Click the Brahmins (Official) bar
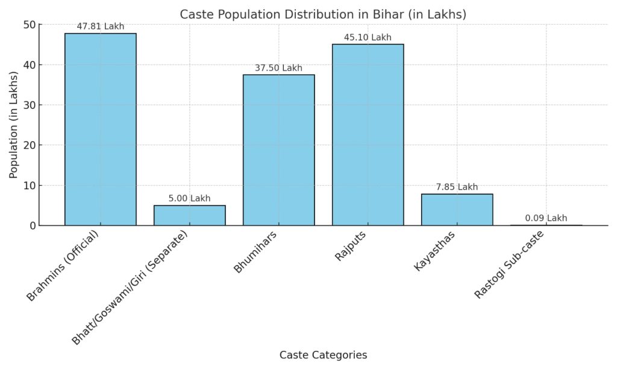(x=101, y=129)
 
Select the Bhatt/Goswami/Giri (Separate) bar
(x=190, y=215)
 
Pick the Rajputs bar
(x=368, y=134)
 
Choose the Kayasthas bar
(x=457, y=209)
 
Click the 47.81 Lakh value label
(x=101, y=27)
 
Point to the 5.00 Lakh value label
(x=190, y=198)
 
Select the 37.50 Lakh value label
(x=278, y=68)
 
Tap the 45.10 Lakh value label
(x=368, y=37)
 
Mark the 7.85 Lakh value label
(x=457, y=187)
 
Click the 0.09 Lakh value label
(x=546, y=218)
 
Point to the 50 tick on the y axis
(x=30, y=25)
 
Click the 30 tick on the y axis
(x=30, y=105)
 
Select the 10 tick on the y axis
(x=30, y=185)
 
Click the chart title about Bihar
(x=323, y=14)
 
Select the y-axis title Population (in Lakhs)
(x=13, y=125)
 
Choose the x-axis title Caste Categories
(x=323, y=355)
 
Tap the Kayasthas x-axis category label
(x=435, y=250)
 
